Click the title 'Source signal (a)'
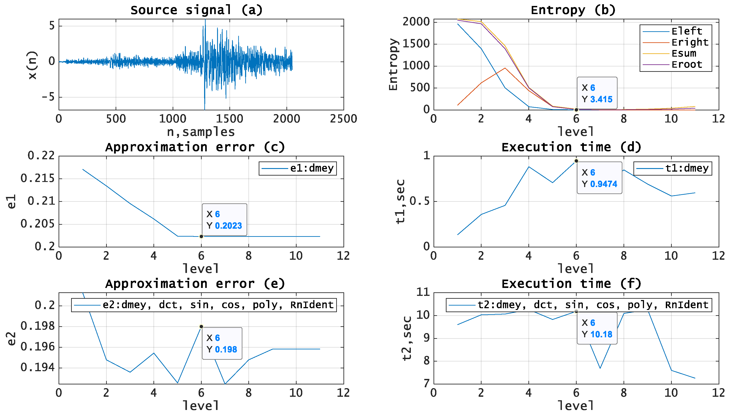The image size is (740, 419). coord(196,10)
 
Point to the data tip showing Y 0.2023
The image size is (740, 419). coord(224,220)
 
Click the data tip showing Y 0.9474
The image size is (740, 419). coord(599,178)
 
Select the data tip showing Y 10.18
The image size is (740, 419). coord(597,328)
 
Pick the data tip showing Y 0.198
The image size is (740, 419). coord(222,343)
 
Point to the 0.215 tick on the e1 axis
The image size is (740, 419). coord(37,178)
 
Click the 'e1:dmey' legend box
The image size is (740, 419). coord(298,168)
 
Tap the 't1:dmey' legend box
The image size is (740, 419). coord(672,168)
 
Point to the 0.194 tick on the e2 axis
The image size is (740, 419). coord(37,367)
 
